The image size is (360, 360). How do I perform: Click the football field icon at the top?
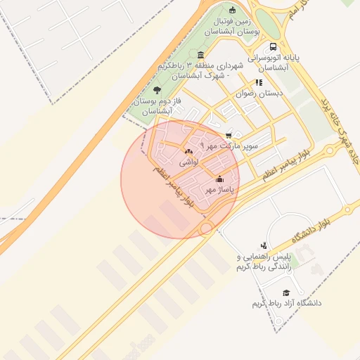point(233,9)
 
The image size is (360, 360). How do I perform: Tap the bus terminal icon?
point(274,47)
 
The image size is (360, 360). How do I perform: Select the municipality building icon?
point(202,56)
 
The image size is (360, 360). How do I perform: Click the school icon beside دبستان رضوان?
point(259,82)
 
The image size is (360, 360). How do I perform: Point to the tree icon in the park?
point(157,90)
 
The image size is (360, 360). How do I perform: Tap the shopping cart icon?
point(229,135)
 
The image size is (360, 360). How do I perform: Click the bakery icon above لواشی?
point(188,151)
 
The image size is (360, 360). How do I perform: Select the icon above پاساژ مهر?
point(219,179)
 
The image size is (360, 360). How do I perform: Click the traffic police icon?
point(264,245)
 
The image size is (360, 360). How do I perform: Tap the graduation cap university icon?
point(285,292)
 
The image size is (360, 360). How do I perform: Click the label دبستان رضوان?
point(259,93)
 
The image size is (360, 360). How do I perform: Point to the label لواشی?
point(189,162)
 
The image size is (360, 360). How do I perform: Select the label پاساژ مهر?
point(219,189)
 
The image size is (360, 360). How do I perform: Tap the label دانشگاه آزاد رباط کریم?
point(287,303)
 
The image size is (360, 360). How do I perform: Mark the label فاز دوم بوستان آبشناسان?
point(157,106)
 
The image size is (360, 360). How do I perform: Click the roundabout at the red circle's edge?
point(206,229)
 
